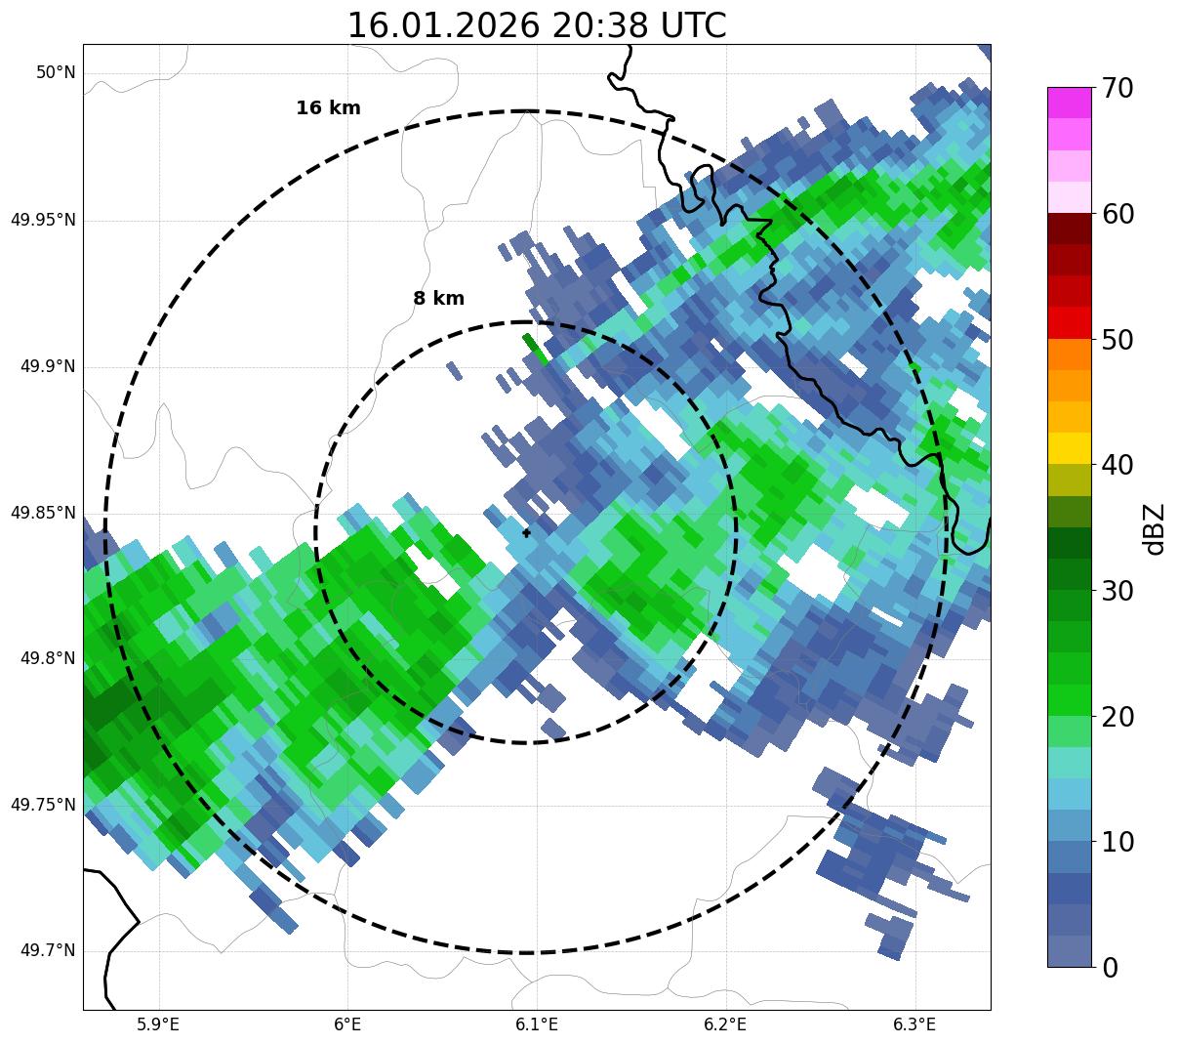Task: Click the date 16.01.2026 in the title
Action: tap(443, 26)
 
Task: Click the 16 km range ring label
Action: tap(328, 108)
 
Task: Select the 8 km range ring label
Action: tap(438, 299)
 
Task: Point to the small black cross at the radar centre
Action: tap(527, 533)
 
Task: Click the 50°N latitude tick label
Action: tap(56, 73)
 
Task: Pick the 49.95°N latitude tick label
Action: tap(43, 220)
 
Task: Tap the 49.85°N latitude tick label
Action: tap(43, 513)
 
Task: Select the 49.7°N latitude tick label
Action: tap(48, 951)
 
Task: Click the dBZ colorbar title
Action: tap(1156, 528)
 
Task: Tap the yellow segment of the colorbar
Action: tap(1069, 448)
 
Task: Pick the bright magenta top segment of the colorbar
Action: tap(1069, 103)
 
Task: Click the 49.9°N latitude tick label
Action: tap(48, 366)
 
